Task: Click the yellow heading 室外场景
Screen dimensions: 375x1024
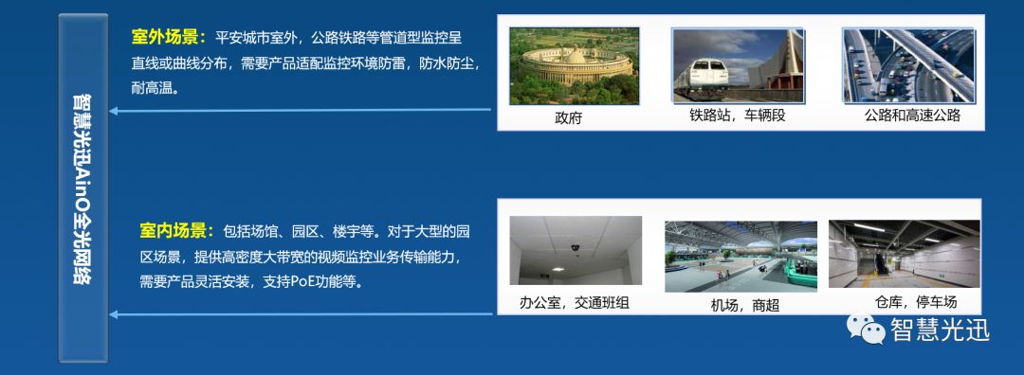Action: [x=169, y=38]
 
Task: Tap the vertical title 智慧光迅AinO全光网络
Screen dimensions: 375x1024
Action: [x=82, y=189]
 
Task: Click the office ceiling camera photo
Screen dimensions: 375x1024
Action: [x=575, y=252]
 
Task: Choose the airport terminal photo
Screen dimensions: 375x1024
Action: [x=741, y=256]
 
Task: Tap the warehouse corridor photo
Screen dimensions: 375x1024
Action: [x=904, y=253]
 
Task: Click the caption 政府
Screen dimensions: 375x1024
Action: [x=568, y=117]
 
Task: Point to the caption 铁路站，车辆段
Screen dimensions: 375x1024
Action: [x=738, y=116]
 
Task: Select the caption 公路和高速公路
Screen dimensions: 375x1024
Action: [x=912, y=116]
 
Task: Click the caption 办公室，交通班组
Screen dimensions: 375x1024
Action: [x=575, y=303]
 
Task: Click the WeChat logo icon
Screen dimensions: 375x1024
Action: [x=865, y=330]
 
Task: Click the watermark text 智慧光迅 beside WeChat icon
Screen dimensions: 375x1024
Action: [x=939, y=330]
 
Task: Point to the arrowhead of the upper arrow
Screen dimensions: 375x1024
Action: [x=114, y=111]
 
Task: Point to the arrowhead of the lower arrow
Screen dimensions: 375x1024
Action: [x=114, y=313]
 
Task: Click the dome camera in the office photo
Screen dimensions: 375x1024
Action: [x=575, y=248]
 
